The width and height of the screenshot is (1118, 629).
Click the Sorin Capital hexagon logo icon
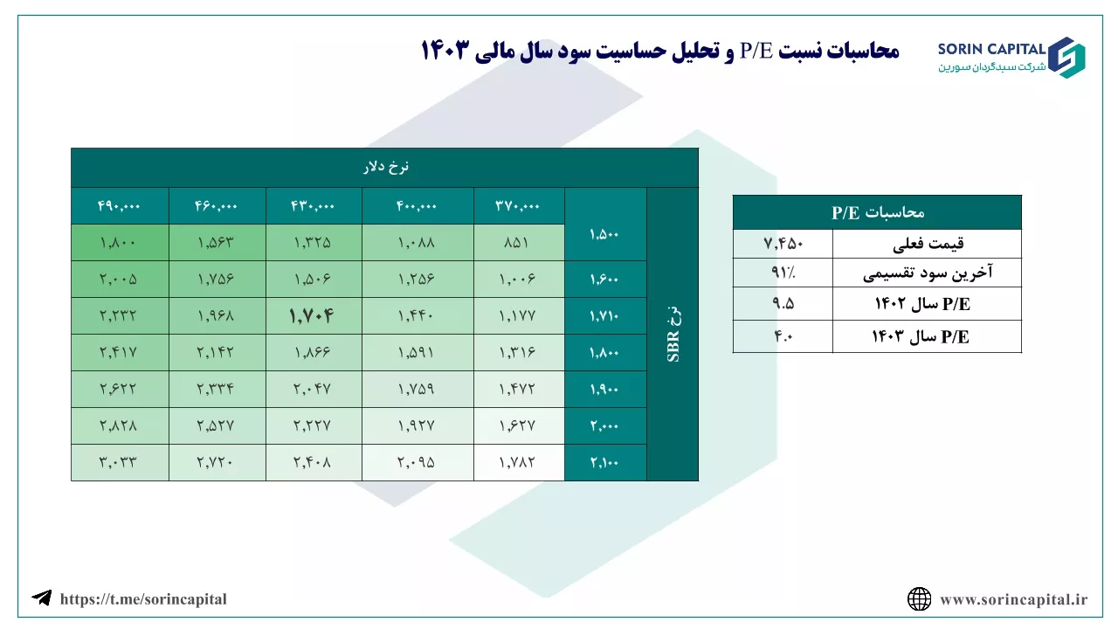click(x=1066, y=58)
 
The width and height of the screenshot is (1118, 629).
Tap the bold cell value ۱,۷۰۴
click(x=312, y=315)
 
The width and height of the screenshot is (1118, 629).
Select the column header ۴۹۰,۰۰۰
click(x=119, y=205)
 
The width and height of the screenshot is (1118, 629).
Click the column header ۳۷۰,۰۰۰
click(x=518, y=205)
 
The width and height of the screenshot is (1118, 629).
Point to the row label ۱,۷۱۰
click(x=604, y=315)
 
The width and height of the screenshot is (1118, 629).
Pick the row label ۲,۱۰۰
click(x=604, y=462)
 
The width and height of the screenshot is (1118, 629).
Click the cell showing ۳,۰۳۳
click(x=118, y=462)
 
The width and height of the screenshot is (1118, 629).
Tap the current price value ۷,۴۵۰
click(x=783, y=244)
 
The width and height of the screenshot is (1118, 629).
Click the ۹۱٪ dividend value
click(x=783, y=272)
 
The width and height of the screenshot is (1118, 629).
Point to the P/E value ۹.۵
click(x=783, y=303)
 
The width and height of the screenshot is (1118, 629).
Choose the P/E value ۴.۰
click(x=783, y=336)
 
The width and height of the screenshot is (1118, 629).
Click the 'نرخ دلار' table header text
click(x=386, y=167)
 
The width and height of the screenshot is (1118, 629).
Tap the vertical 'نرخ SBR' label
click(x=673, y=334)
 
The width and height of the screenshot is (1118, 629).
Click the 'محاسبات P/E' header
click(x=878, y=212)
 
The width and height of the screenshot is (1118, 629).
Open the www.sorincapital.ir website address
click(x=1014, y=599)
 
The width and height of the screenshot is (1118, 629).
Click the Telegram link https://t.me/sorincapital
click(x=143, y=599)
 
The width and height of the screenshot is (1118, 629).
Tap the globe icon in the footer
click(x=920, y=599)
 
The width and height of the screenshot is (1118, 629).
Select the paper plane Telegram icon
click(x=42, y=598)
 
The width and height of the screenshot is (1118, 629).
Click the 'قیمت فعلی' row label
click(x=928, y=244)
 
